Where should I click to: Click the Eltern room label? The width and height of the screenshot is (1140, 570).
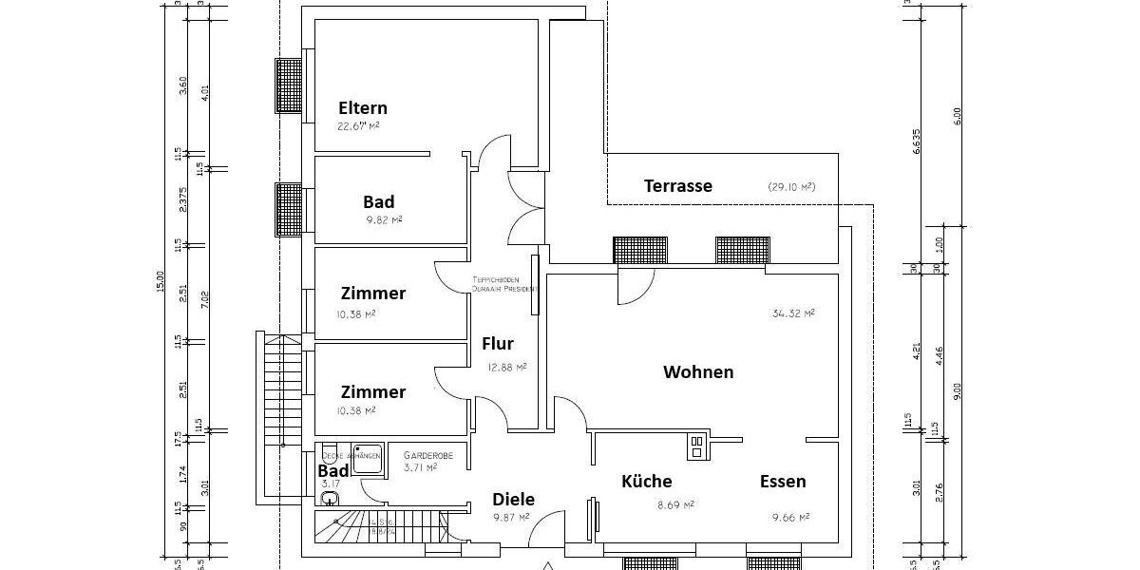(362, 108)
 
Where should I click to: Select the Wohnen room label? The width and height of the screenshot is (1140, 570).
(698, 372)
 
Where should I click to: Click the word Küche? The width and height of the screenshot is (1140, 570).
(646, 482)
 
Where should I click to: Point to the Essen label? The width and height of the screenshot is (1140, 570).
(783, 482)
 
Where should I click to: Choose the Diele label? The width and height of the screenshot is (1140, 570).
(513, 500)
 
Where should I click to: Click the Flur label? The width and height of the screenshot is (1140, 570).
(498, 344)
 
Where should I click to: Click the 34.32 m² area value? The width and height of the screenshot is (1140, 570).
(792, 313)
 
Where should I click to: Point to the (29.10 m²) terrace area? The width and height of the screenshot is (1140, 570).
(791, 187)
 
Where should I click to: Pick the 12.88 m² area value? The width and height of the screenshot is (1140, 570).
(506, 367)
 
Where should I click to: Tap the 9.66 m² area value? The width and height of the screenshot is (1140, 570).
(790, 518)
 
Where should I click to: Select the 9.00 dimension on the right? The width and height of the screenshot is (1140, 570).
(958, 390)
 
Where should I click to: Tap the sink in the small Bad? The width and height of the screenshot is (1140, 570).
(330, 498)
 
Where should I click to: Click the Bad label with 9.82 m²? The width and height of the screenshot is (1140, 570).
(378, 202)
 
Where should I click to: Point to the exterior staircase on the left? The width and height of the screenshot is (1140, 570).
(273, 389)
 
